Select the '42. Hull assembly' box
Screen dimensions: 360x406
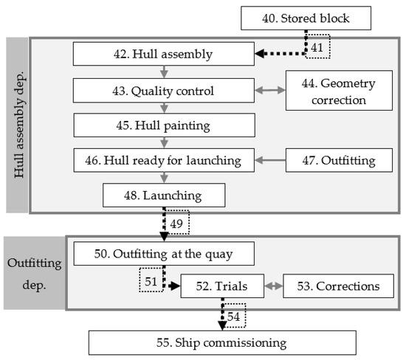pos(163,54)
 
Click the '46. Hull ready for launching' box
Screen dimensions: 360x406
pos(163,159)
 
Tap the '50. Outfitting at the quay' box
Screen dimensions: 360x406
pos(163,254)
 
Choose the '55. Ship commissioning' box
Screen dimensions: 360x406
pos(222,342)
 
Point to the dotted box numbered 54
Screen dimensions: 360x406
pos(233,315)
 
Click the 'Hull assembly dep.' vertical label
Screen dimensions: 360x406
pos(18,125)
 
